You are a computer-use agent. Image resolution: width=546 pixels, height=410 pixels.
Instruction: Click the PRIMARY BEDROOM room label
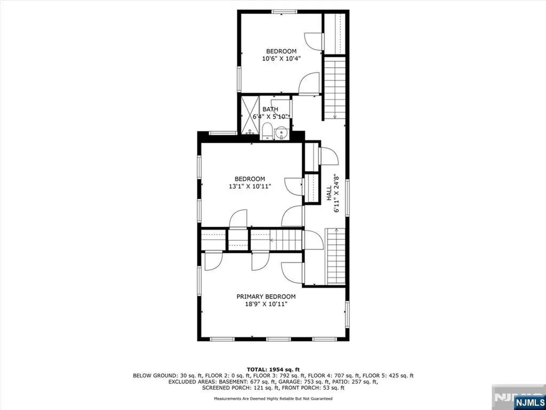click(266, 297)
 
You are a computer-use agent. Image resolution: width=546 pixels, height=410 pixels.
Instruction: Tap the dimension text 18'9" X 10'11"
click(266, 304)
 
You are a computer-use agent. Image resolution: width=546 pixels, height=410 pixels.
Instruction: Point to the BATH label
click(270, 109)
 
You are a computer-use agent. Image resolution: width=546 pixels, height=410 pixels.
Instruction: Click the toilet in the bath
click(267, 131)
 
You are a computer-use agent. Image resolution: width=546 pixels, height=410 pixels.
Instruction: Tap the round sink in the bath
click(280, 133)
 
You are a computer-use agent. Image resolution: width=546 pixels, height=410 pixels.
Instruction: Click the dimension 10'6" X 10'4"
click(282, 59)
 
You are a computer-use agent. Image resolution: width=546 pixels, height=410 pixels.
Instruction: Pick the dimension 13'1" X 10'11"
click(250, 186)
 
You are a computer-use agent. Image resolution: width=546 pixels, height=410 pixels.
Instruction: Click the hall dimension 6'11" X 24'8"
click(336, 193)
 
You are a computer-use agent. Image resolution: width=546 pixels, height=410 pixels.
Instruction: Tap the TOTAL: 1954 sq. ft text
click(273, 369)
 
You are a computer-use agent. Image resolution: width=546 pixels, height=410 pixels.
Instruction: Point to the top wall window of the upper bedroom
click(285, 12)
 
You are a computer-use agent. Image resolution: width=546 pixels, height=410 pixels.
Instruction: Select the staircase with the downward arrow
click(335, 88)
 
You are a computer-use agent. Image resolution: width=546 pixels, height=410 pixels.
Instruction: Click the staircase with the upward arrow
click(335, 256)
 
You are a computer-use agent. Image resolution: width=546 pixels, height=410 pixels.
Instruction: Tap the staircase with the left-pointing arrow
click(286, 240)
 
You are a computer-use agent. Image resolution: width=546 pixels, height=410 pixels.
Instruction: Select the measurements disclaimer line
click(273, 398)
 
